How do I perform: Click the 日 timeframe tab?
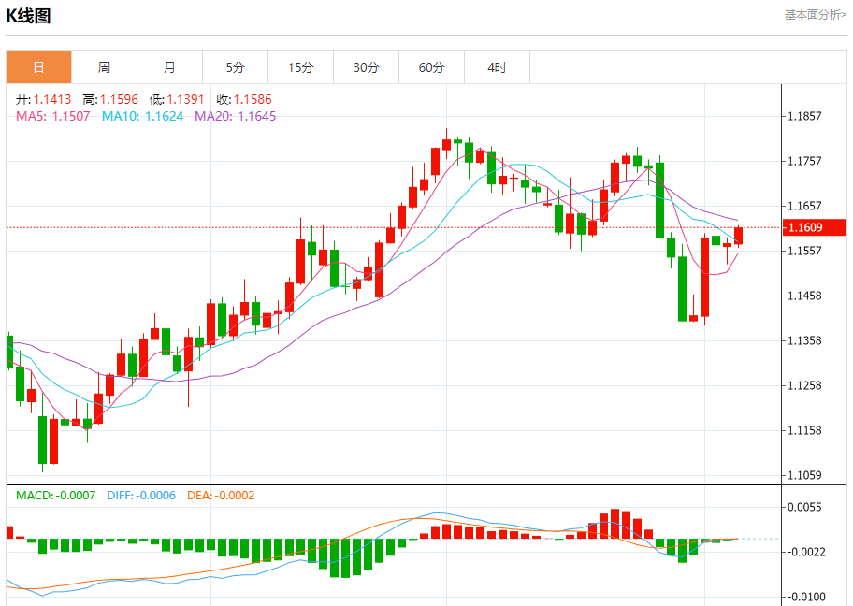[x=38, y=67]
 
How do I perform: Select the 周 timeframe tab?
[x=104, y=67]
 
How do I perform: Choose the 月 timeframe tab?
[x=169, y=67]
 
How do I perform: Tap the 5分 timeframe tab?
[x=235, y=67]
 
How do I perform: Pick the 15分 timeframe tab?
[x=300, y=67]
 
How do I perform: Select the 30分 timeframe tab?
[x=366, y=67]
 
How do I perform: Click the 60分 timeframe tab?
[x=431, y=67]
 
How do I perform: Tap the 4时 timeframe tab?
[x=497, y=67]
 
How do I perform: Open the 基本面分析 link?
[x=815, y=14]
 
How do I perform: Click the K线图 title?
[x=29, y=16]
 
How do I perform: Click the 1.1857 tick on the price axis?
[x=804, y=117]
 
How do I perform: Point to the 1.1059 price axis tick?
[x=804, y=475]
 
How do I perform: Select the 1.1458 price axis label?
[x=804, y=296]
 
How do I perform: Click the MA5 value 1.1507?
[x=71, y=116]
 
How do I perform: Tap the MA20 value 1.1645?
[x=257, y=116]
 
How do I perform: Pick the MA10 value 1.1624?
[x=164, y=116]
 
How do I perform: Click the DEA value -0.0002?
[x=235, y=496]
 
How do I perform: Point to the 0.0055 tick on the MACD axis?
[x=804, y=507]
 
